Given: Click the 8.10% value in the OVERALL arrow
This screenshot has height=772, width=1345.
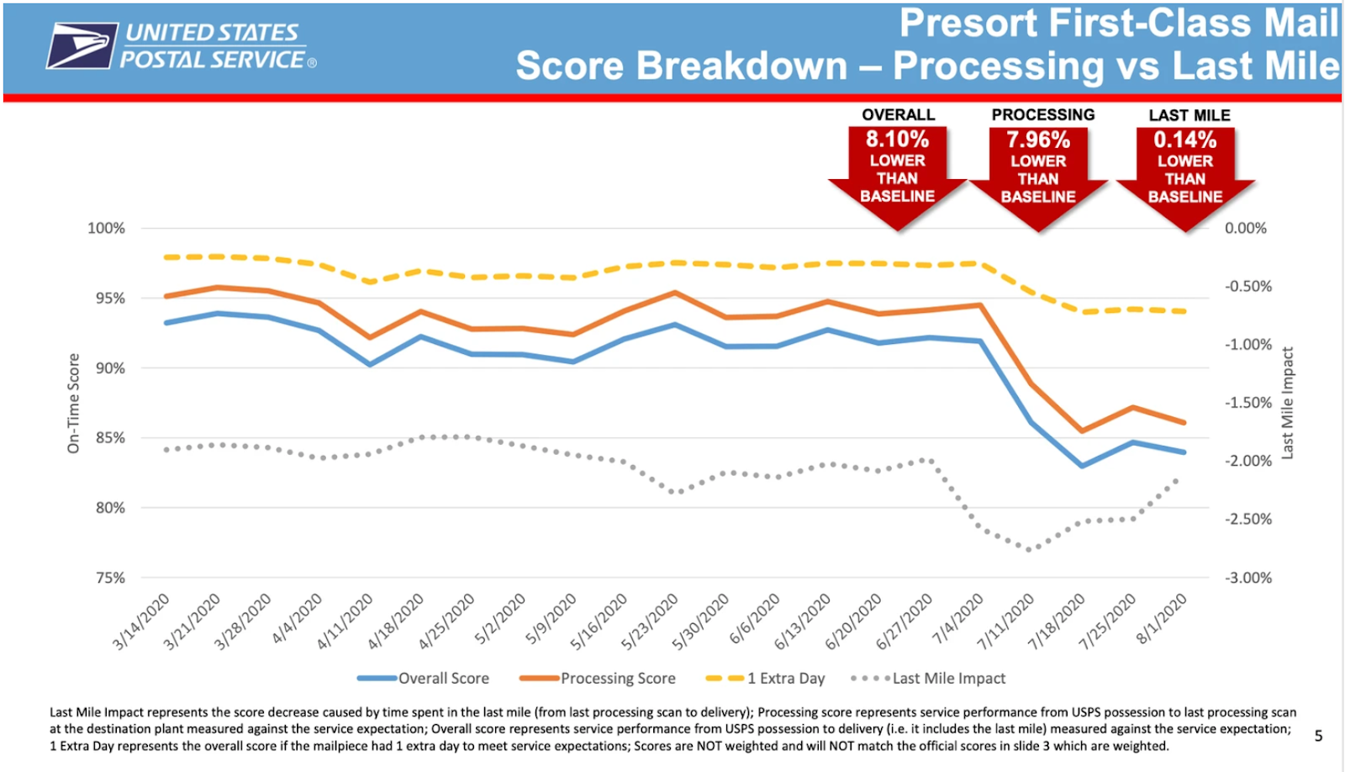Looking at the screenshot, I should click(x=897, y=140).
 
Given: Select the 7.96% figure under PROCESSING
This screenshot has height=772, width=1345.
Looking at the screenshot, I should click(x=1038, y=140).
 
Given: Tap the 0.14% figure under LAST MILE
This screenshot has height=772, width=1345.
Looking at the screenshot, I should click(x=1184, y=140).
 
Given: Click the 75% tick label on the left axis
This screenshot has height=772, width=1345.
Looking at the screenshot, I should click(x=110, y=578).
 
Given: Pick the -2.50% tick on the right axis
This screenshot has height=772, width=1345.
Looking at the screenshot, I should click(x=1247, y=519).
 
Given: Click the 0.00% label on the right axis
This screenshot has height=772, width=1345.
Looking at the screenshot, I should click(x=1245, y=229).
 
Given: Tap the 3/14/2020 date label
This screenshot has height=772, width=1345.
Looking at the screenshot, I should click(x=142, y=621).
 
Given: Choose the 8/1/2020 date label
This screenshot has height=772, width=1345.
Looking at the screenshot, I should click(x=1162, y=618).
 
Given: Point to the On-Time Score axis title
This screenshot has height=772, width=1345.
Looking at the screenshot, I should click(x=74, y=403).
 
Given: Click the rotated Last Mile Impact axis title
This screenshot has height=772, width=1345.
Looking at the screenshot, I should click(x=1287, y=403).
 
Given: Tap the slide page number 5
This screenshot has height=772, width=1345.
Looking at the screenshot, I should click(x=1318, y=736).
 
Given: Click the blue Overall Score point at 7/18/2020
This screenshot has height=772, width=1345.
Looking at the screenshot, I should click(x=1082, y=465).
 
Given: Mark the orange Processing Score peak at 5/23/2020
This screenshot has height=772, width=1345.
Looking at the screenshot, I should click(x=675, y=293).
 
